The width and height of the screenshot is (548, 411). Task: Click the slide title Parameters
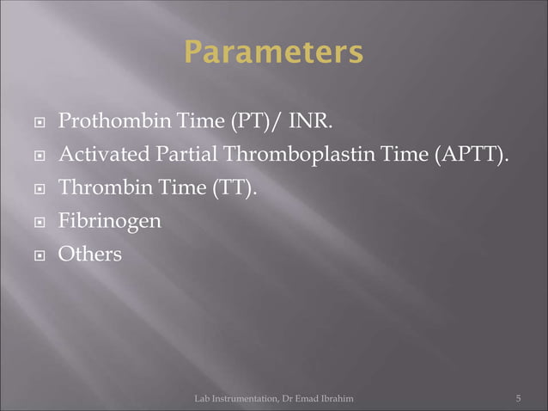coord(273,53)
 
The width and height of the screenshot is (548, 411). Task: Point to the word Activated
coord(96,155)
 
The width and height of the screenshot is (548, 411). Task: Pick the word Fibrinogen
coord(108,222)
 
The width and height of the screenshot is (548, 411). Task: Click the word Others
coord(89,255)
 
